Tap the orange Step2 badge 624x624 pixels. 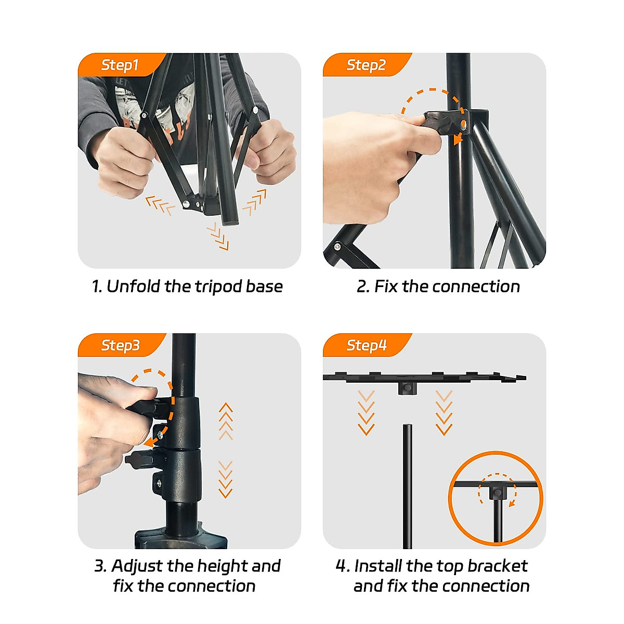click(366, 65)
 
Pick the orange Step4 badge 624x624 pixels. click(366, 345)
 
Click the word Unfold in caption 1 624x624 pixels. click(133, 286)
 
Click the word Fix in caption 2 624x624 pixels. click(385, 286)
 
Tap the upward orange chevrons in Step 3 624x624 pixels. click(226, 421)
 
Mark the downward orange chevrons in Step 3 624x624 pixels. click(225, 479)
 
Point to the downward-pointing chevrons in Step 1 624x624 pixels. click(217, 237)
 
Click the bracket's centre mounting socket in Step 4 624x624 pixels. click(407, 387)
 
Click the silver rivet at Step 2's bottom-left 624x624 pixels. click(337, 247)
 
